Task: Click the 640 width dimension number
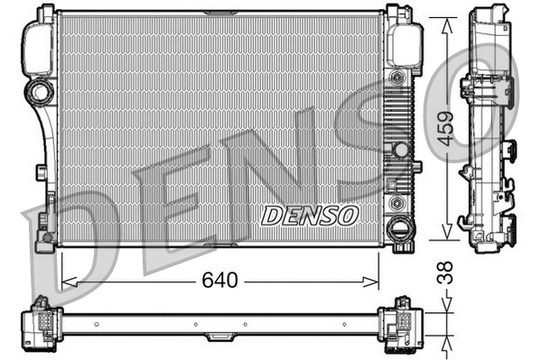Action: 219,282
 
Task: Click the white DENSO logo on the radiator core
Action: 310,216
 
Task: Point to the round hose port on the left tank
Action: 40,90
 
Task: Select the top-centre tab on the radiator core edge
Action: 219,13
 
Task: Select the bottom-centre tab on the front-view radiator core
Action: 219,245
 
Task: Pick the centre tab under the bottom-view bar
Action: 219,337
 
